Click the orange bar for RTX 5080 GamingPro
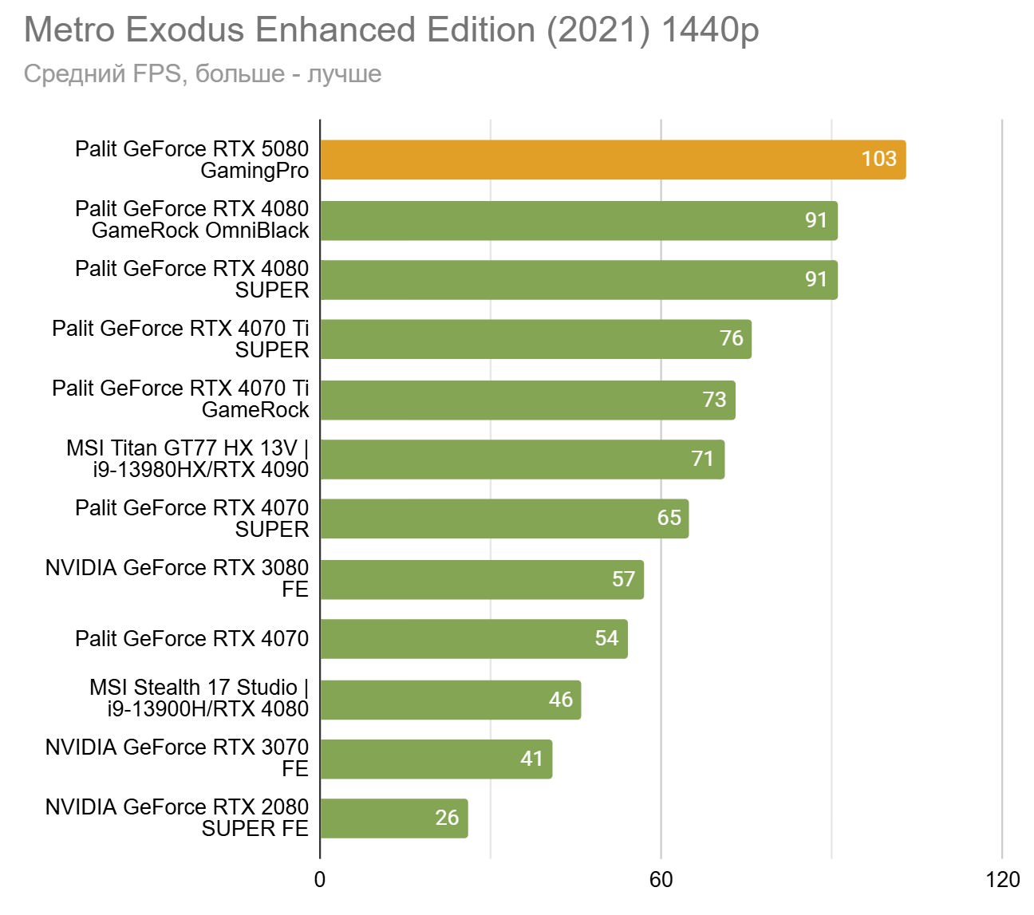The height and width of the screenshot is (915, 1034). point(612,160)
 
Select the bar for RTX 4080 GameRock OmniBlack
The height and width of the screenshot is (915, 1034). point(578,220)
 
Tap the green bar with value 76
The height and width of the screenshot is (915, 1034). point(535,339)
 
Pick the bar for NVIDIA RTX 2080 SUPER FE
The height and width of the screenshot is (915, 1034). point(393,818)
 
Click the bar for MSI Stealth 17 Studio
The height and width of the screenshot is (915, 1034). point(450,700)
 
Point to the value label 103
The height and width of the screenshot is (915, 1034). point(878,159)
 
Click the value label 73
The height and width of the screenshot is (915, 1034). point(714,399)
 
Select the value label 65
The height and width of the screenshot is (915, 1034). point(669,518)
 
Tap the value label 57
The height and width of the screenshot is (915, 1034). point(623,578)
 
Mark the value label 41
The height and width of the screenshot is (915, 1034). point(531,758)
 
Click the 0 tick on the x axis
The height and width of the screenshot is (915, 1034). point(320,880)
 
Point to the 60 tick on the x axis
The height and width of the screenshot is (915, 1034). point(661,880)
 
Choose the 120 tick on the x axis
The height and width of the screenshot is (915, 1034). point(1002,880)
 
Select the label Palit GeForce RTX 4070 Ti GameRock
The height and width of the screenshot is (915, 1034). point(180,399)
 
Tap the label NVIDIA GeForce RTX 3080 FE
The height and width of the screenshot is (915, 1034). point(177,578)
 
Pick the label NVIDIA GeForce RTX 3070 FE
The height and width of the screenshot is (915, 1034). point(177,758)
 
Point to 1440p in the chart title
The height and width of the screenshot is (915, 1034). point(710,30)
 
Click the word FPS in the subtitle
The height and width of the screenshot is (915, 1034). point(156,73)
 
